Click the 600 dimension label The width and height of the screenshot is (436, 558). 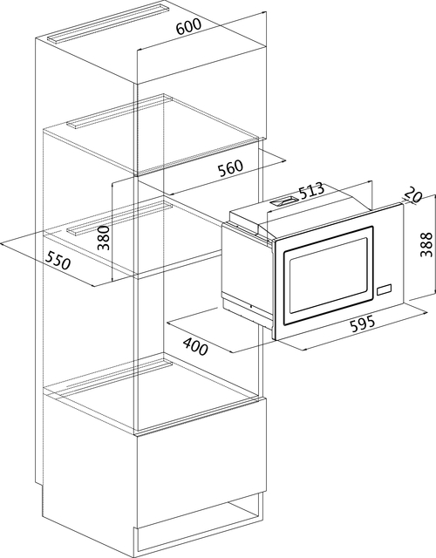click(x=188, y=25)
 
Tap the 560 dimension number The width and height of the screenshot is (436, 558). click(x=230, y=168)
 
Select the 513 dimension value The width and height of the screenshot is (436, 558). click(x=311, y=191)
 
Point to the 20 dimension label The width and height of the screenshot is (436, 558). click(x=412, y=194)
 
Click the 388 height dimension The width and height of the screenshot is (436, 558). click(x=426, y=244)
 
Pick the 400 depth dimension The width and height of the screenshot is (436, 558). click(x=195, y=346)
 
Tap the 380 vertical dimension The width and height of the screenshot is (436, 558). click(x=104, y=237)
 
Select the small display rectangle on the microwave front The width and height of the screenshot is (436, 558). click(x=384, y=289)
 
